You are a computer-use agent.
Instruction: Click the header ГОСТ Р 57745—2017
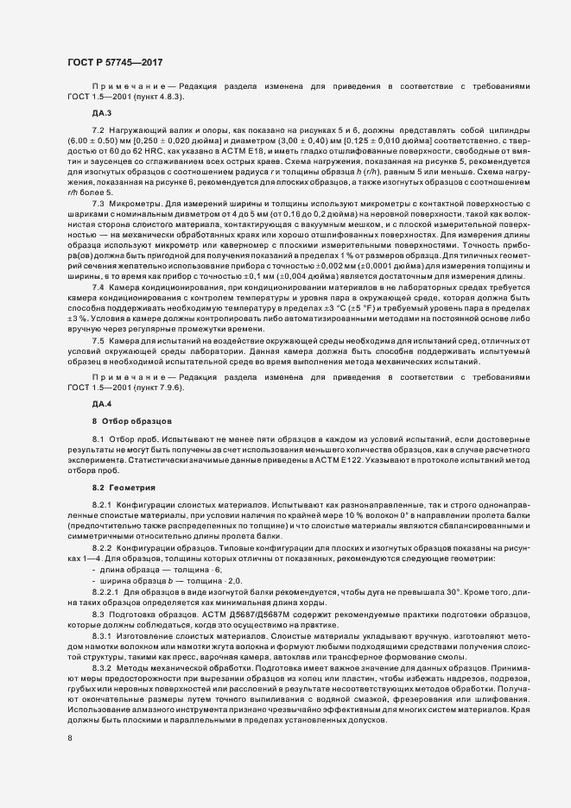pos(114,62)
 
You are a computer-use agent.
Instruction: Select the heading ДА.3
pos(102,114)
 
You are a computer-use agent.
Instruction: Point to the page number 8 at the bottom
pos(70,739)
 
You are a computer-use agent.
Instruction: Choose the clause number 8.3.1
pos(101,635)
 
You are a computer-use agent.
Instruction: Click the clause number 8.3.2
pos(101,670)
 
